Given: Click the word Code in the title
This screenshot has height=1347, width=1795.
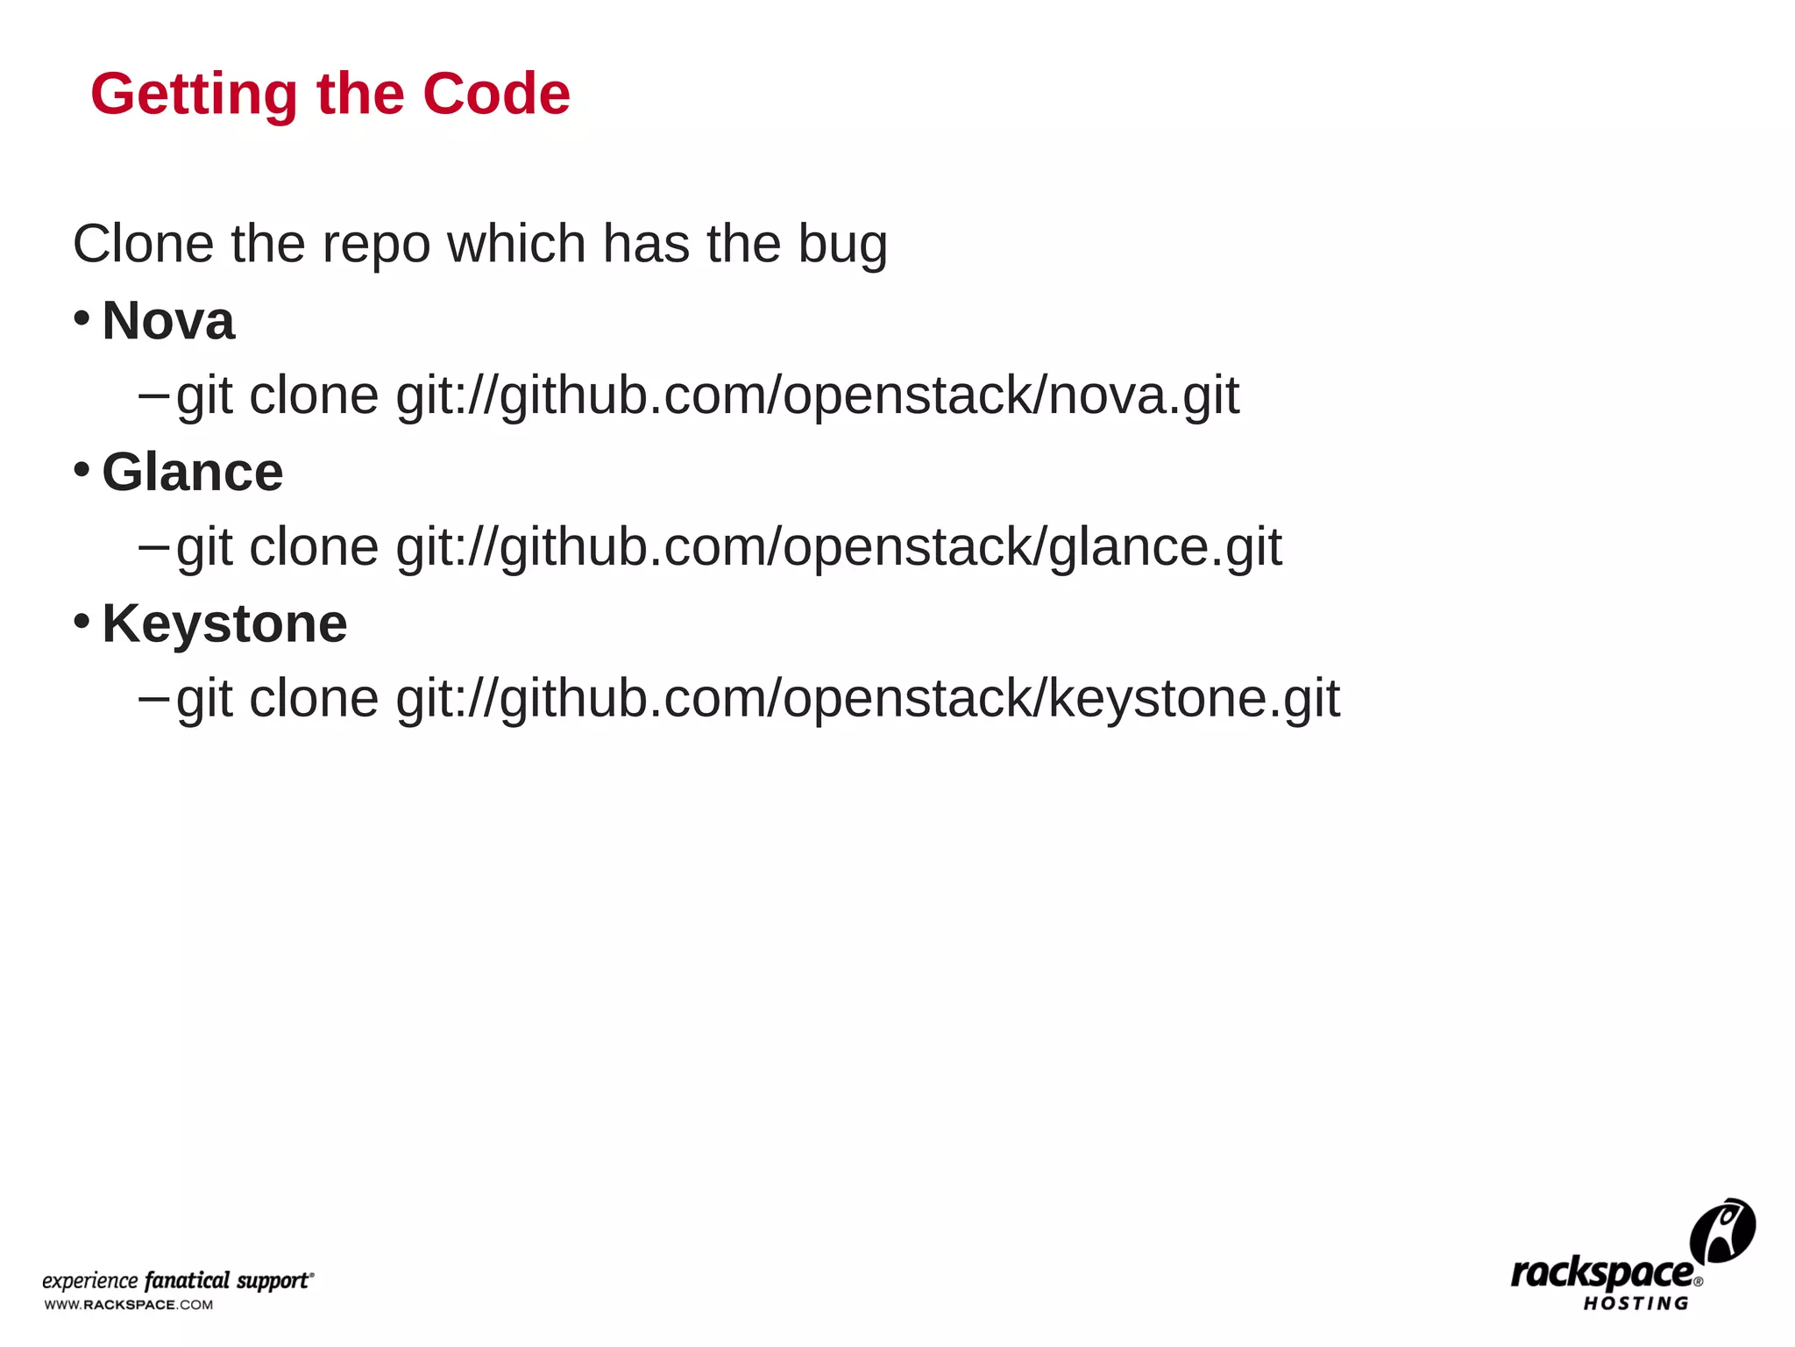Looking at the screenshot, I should pyautogui.click(x=496, y=94).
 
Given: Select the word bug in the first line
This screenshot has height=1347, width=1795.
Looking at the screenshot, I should pyautogui.click(x=842, y=245).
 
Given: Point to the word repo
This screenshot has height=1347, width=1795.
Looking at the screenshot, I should pyautogui.click(x=376, y=245).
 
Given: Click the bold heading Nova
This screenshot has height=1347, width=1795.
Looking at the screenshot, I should pyautogui.click(x=168, y=320).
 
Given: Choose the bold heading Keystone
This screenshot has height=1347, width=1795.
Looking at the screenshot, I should pyautogui.click(x=224, y=624).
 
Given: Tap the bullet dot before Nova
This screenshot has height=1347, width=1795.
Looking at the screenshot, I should pyautogui.click(x=82, y=317).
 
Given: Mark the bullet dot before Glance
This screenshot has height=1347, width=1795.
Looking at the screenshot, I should pyautogui.click(x=82, y=469).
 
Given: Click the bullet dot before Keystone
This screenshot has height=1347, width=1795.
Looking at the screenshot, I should pyautogui.click(x=82, y=621).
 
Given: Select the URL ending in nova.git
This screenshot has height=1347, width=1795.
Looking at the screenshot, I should pyautogui.click(x=817, y=396).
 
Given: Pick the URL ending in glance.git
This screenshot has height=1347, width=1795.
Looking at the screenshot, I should pyautogui.click(x=839, y=547).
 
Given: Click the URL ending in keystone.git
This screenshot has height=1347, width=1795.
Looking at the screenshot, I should pyautogui.click(x=868, y=699).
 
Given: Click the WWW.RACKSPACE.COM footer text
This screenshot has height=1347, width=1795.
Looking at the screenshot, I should pyautogui.click(x=129, y=1305).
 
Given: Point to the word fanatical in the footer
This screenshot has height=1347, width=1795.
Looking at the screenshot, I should pyautogui.click(x=187, y=1280).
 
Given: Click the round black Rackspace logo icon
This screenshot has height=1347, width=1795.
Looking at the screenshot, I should pyautogui.click(x=1722, y=1230).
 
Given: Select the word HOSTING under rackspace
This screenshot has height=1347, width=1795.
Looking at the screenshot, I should pyautogui.click(x=1635, y=1304).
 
